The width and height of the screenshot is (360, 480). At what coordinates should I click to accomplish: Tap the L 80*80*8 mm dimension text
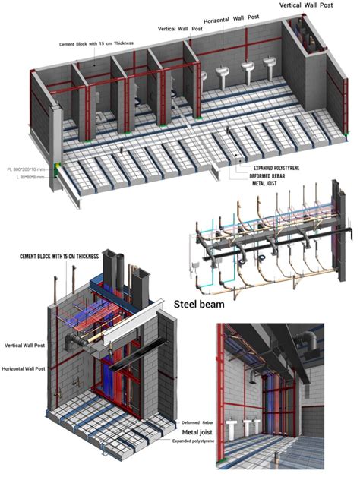pos(27,176)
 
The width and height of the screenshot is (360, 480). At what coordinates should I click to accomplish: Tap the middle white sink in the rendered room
pos(248,427)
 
